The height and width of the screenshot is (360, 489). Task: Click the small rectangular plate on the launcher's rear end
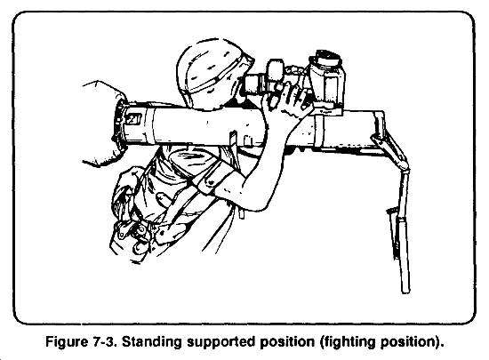tap(134, 119)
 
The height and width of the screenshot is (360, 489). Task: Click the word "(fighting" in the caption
tap(348, 342)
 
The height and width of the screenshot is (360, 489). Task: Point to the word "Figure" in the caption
tap(67, 342)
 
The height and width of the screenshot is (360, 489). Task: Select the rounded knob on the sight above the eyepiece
tap(275, 68)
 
